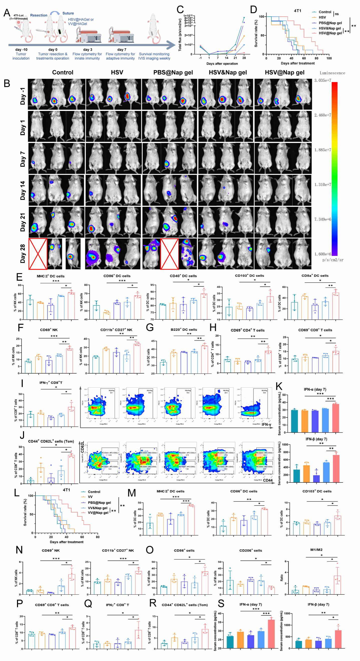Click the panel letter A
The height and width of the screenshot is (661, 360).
(x=7, y=13)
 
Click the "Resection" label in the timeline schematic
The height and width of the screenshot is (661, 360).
(x=39, y=15)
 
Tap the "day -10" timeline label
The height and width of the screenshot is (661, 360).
(x=21, y=50)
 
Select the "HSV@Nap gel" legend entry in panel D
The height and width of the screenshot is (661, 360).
(x=330, y=33)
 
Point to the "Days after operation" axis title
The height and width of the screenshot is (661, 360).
(x=222, y=64)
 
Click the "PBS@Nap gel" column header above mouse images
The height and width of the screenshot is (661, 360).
(x=173, y=73)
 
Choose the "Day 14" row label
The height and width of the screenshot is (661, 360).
(x=23, y=190)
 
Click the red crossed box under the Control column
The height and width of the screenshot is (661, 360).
(x=38, y=254)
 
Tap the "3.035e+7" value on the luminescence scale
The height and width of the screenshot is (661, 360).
(x=322, y=81)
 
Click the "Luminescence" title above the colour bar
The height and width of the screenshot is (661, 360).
(x=332, y=73)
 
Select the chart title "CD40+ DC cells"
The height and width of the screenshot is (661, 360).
(x=183, y=276)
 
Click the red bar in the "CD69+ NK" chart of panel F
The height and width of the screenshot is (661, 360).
(x=70, y=361)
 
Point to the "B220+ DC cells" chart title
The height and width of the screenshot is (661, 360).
(x=184, y=330)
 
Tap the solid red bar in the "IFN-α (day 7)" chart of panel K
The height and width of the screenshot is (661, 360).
(x=336, y=418)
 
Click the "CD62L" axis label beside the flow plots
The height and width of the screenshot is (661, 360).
(x=82, y=447)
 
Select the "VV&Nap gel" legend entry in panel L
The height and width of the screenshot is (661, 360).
(x=97, y=508)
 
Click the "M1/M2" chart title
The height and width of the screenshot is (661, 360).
(x=316, y=550)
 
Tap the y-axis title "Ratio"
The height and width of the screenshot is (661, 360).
(x=282, y=578)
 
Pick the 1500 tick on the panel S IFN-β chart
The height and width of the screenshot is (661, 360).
(x=287, y=613)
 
